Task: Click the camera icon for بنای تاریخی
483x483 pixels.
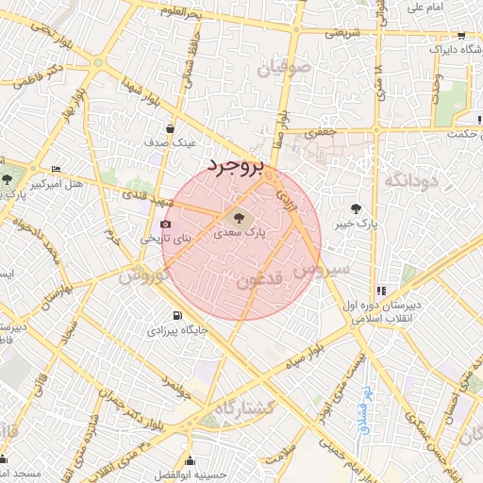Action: click(x=166, y=225)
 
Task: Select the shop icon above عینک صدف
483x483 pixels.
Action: click(x=170, y=129)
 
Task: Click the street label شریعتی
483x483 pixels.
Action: click(x=343, y=32)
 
